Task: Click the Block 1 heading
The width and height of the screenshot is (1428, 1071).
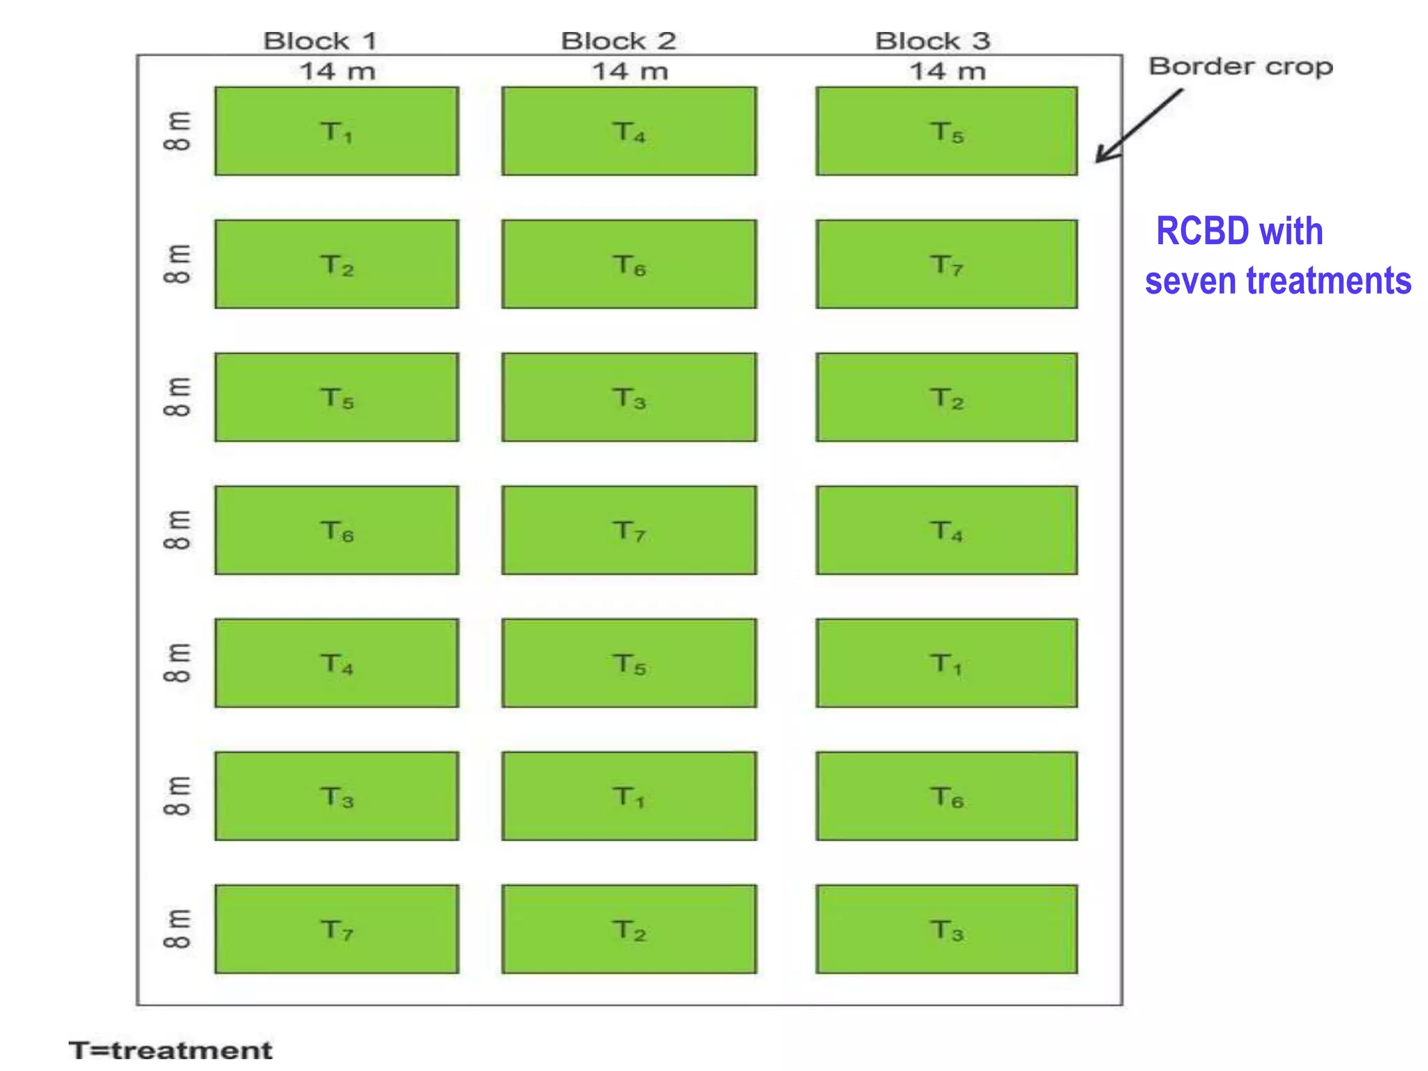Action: pyautogui.click(x=320, y=41)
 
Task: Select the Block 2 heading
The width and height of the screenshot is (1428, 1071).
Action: pyautogui.click(x=618, y=41)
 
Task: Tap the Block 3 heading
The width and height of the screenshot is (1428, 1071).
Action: pyautogui.click(x=932, y=41)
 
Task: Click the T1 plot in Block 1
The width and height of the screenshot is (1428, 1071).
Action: pyautogui.click(x=337, y=131)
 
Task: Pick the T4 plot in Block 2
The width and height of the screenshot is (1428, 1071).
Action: pyautogui.click(x=629, y=131)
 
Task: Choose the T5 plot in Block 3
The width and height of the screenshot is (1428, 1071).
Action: pyautogui.click(x=946, y=131)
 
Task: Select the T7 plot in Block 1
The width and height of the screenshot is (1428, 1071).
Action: pyautogui.click(x=337, y=929)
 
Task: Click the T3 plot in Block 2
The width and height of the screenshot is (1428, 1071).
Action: pyautogui.click(x=629, y=397)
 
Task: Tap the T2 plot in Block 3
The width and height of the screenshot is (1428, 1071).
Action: pyautogui.click(x=946, y=397)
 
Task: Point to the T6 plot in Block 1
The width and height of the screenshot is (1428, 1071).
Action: pyautogui.click(x=337, y=531)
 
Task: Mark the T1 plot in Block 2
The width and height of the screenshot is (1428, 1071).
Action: pyautogui.click(x=629, y=796)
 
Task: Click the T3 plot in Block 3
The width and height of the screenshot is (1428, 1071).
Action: pyautogui.click(x=946, y=929)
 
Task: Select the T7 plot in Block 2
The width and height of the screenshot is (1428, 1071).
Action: pyautogui.click(x=629, y=531)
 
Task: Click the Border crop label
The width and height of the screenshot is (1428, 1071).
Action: pyautogui.click(x=1240, y=67)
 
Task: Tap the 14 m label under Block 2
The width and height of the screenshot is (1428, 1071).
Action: pyautogui.click(x=630, y=71)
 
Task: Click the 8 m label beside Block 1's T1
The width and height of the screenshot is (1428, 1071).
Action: pyautogui.click(x=177, y=131)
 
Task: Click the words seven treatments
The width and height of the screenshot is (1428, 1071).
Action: pyautogui.click(x=1277, y=281)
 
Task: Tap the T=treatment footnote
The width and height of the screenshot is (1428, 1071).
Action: pyautogui.click(x=171, y=1049)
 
